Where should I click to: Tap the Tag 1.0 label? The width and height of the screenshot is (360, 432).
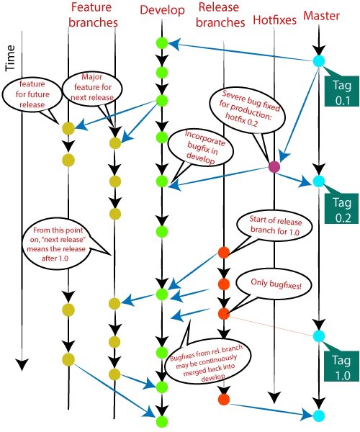(x=340, y=367)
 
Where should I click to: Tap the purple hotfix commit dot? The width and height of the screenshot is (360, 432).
(x=274, y=167)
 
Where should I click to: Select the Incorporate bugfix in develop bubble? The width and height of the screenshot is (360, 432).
(x=191, y=149)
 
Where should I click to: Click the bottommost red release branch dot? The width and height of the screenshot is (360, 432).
(x=223, y=398)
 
